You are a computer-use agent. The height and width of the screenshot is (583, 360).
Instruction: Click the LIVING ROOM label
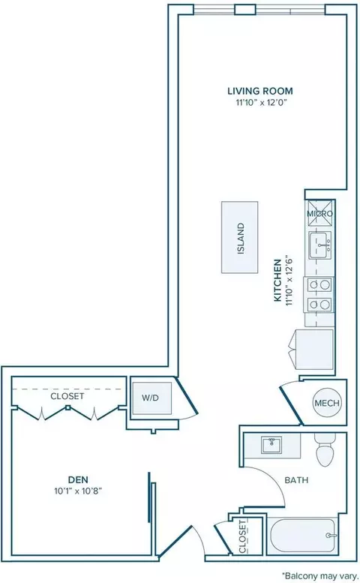[x=260, y=91]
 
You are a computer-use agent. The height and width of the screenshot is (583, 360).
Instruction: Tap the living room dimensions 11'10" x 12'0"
[x=262, y=103]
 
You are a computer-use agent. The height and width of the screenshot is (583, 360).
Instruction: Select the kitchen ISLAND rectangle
[x=240, y=238]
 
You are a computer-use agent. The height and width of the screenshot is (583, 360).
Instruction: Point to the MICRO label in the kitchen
[x=320, y=214]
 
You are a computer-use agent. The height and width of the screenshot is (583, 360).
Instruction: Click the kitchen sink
[x=319, y=245]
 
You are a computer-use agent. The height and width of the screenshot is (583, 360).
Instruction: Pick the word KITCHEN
[x=277, y=281]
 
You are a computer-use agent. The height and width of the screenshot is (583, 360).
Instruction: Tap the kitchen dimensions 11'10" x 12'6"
[x=289, y=281]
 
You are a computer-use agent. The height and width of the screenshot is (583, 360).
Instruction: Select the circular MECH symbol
[x=327, y=403]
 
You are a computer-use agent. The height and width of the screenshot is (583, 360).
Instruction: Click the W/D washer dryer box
[x=152, y=398]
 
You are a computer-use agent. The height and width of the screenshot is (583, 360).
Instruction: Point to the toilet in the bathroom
[x=325, y=449]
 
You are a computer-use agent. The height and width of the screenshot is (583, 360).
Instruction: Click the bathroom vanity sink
[x=272, y=445]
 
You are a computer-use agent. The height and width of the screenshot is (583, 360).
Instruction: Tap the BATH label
[x=296, y=480]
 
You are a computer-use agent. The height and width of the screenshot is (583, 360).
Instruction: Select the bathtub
[x=303, y=536]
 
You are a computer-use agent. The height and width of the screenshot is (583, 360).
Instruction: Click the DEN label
[x=79, y=479]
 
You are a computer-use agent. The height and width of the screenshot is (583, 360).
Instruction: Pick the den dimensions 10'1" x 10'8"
[x=78, y=491]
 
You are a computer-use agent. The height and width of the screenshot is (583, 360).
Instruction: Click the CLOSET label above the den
[x=67, y=396]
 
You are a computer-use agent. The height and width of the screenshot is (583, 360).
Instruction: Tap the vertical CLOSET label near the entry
[x=242, y=536]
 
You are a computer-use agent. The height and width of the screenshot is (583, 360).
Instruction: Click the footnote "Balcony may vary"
[x=320, y=576]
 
